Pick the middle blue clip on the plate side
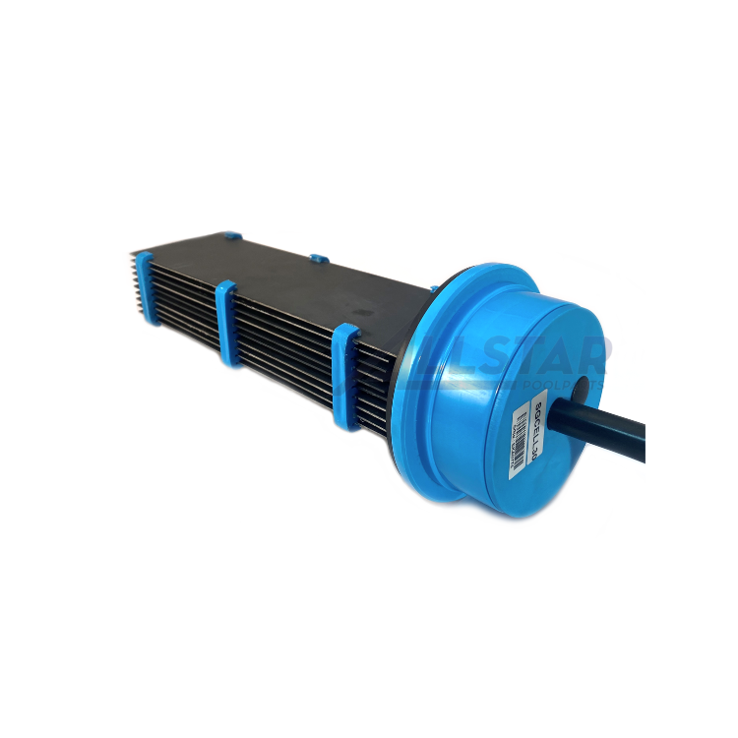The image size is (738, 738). pos(227,323)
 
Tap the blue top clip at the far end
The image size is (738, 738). pos(230,237)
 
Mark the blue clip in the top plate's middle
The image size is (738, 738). pos(318,260)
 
